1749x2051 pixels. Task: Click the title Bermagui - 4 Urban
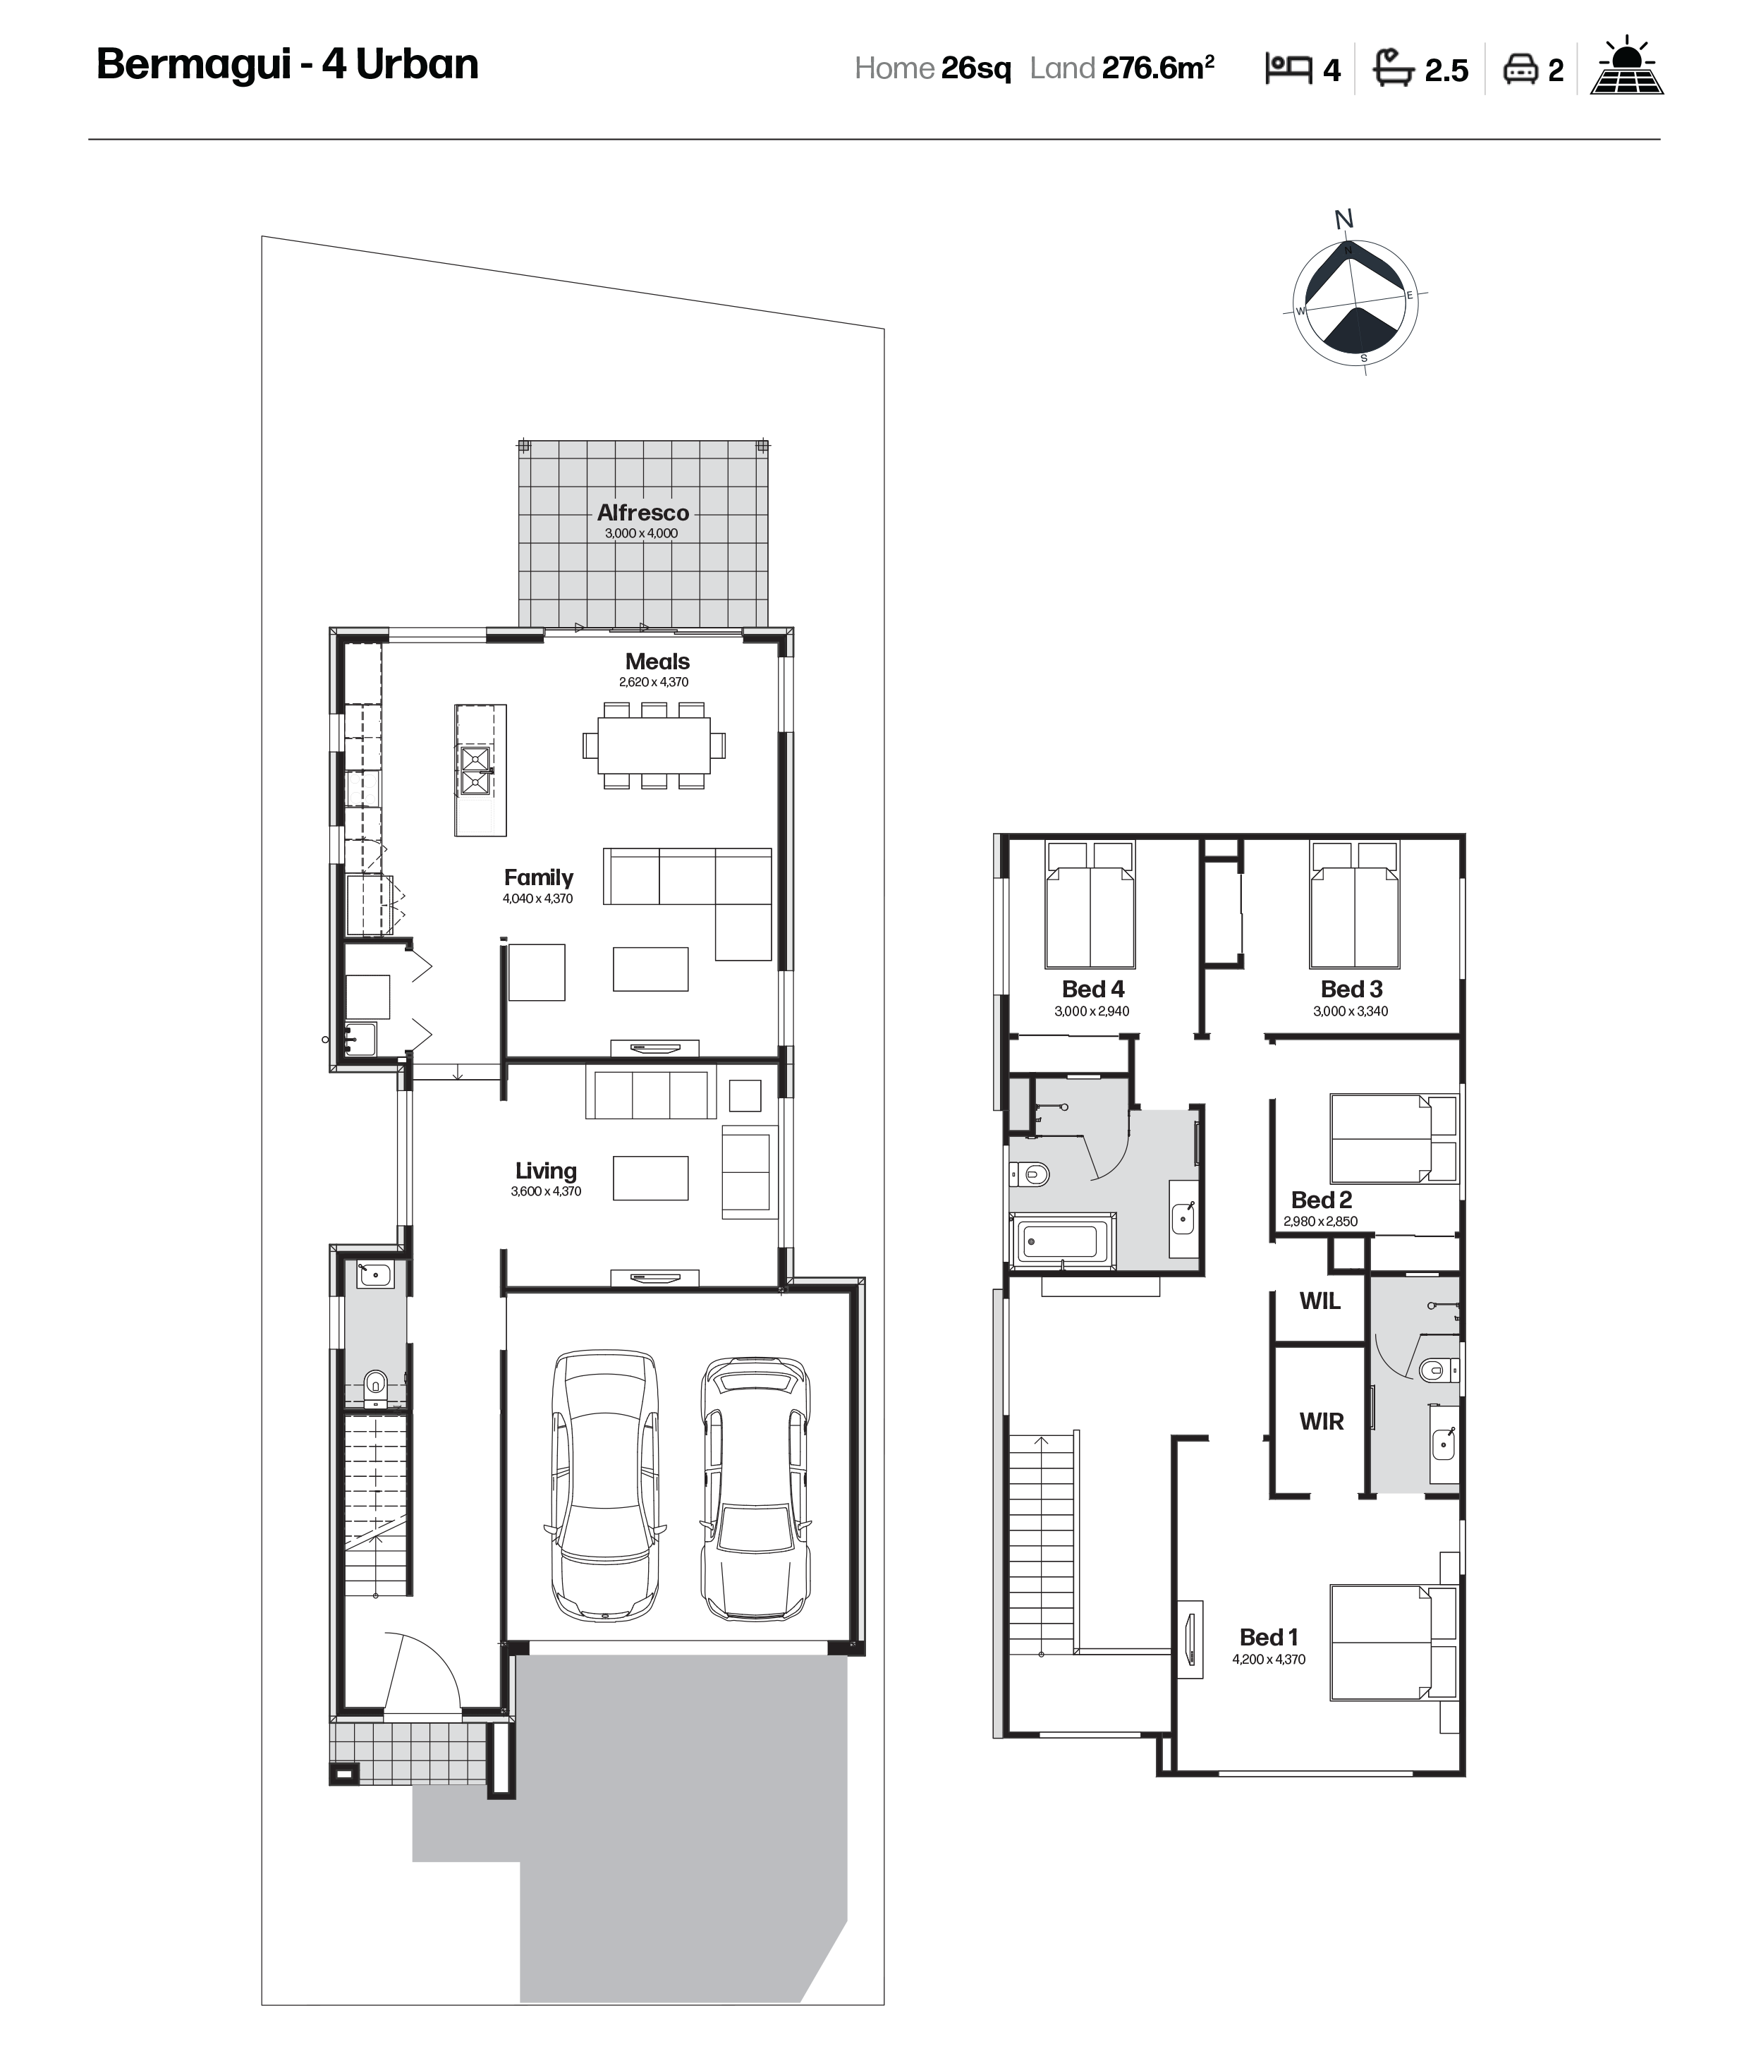click(x=287, y=64)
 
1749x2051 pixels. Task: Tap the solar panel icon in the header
click(x=1626, y=66)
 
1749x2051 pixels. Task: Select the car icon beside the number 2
click(x=1519, y=69)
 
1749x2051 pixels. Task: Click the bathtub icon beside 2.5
click(x=1394, y=67)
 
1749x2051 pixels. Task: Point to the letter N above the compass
click(x=1343, y=219)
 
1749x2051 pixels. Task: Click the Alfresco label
click(x=642, y=513)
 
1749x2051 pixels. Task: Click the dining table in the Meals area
click(x=653, y=745)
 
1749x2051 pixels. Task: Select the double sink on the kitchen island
click(x=475, y=771)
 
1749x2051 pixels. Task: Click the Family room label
click(x=539, y=878)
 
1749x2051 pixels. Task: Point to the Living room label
click(x=545, y=1171)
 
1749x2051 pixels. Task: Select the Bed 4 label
click(x=1092, y=989)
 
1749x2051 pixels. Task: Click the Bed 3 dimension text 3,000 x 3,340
click(x=1350, y=1011)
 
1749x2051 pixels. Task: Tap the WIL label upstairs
click(x=1320, y=1301)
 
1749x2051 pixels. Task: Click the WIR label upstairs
click(x=1322, y=1421)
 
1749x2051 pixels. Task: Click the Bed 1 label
click(x=1268, y=1637)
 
